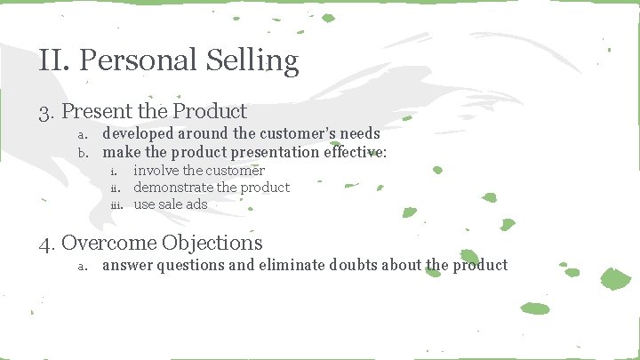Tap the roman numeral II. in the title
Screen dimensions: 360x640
(x=55, y=61)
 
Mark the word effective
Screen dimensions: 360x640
(x=352, y=152)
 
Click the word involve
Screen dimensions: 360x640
(x=154, y=171)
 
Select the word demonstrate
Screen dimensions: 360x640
(x=173, y=188)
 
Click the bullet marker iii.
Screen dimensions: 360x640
(x=116, y=205)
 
